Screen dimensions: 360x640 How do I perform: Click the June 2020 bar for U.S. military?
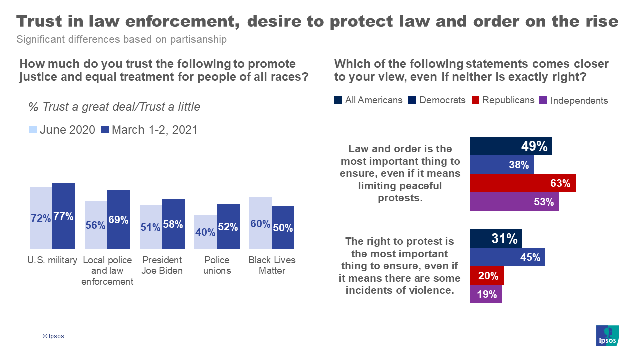tap(41, 218)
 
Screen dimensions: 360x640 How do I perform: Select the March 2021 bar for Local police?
tap(118, 219)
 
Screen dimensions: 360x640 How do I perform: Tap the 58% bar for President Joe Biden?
tap(173, 224)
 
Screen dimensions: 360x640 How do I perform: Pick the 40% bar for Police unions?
tap(205, 232)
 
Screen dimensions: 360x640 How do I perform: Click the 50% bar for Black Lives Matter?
tap(283, 227)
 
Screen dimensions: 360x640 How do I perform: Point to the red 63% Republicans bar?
tap(523, 183)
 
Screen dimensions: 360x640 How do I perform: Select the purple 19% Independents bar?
tap(486, 294)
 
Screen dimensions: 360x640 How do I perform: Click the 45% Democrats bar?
tap(508, 257)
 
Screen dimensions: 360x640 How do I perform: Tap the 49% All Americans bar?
tap(511, 146)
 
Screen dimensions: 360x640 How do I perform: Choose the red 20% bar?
tap(487, 276)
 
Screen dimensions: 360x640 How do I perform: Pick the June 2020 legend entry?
tap(61, 130)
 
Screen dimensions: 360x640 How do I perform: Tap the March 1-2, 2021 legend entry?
tap(149, 130)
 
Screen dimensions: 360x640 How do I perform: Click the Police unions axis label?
tap(217, 265)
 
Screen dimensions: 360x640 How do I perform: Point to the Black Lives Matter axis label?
tap(272, 265)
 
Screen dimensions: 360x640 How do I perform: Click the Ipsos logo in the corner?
tap(607, 335)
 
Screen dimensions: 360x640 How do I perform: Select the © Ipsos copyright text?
tap(53, 336)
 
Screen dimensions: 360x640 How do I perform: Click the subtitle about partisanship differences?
tap(121, 39)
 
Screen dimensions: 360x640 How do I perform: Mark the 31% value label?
tap(504, 239)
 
